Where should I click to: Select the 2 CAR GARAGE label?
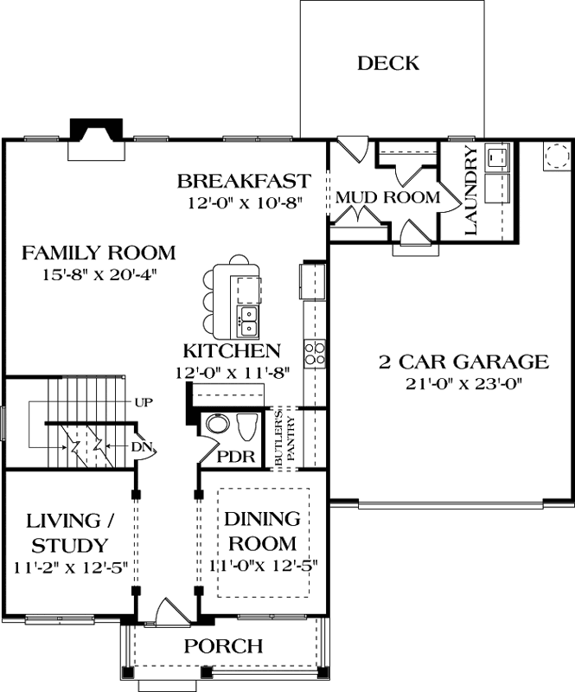tap(463, 362)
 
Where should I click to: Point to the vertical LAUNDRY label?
tap(472, 191)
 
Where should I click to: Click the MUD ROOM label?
tap(387, 197)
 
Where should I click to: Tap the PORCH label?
tap(224, 646)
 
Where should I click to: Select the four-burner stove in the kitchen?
tap(314, 351)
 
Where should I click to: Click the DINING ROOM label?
tap(261, 531)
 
